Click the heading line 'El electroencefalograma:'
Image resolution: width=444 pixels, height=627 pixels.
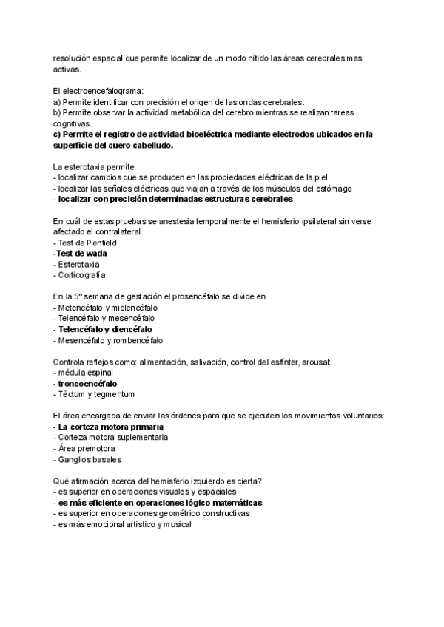[99, 91]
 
